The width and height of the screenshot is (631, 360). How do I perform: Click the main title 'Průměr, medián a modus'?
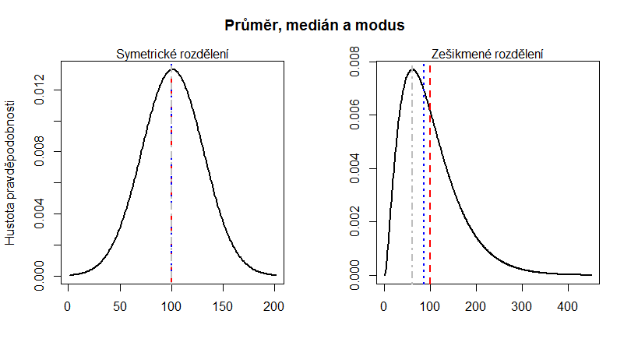315,26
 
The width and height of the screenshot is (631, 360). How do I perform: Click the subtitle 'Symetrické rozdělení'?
171,55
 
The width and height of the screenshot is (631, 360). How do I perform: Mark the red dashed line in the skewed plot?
430,195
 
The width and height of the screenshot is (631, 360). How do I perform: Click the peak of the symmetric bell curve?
171,69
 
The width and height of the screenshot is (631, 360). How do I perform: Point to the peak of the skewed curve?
412,69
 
